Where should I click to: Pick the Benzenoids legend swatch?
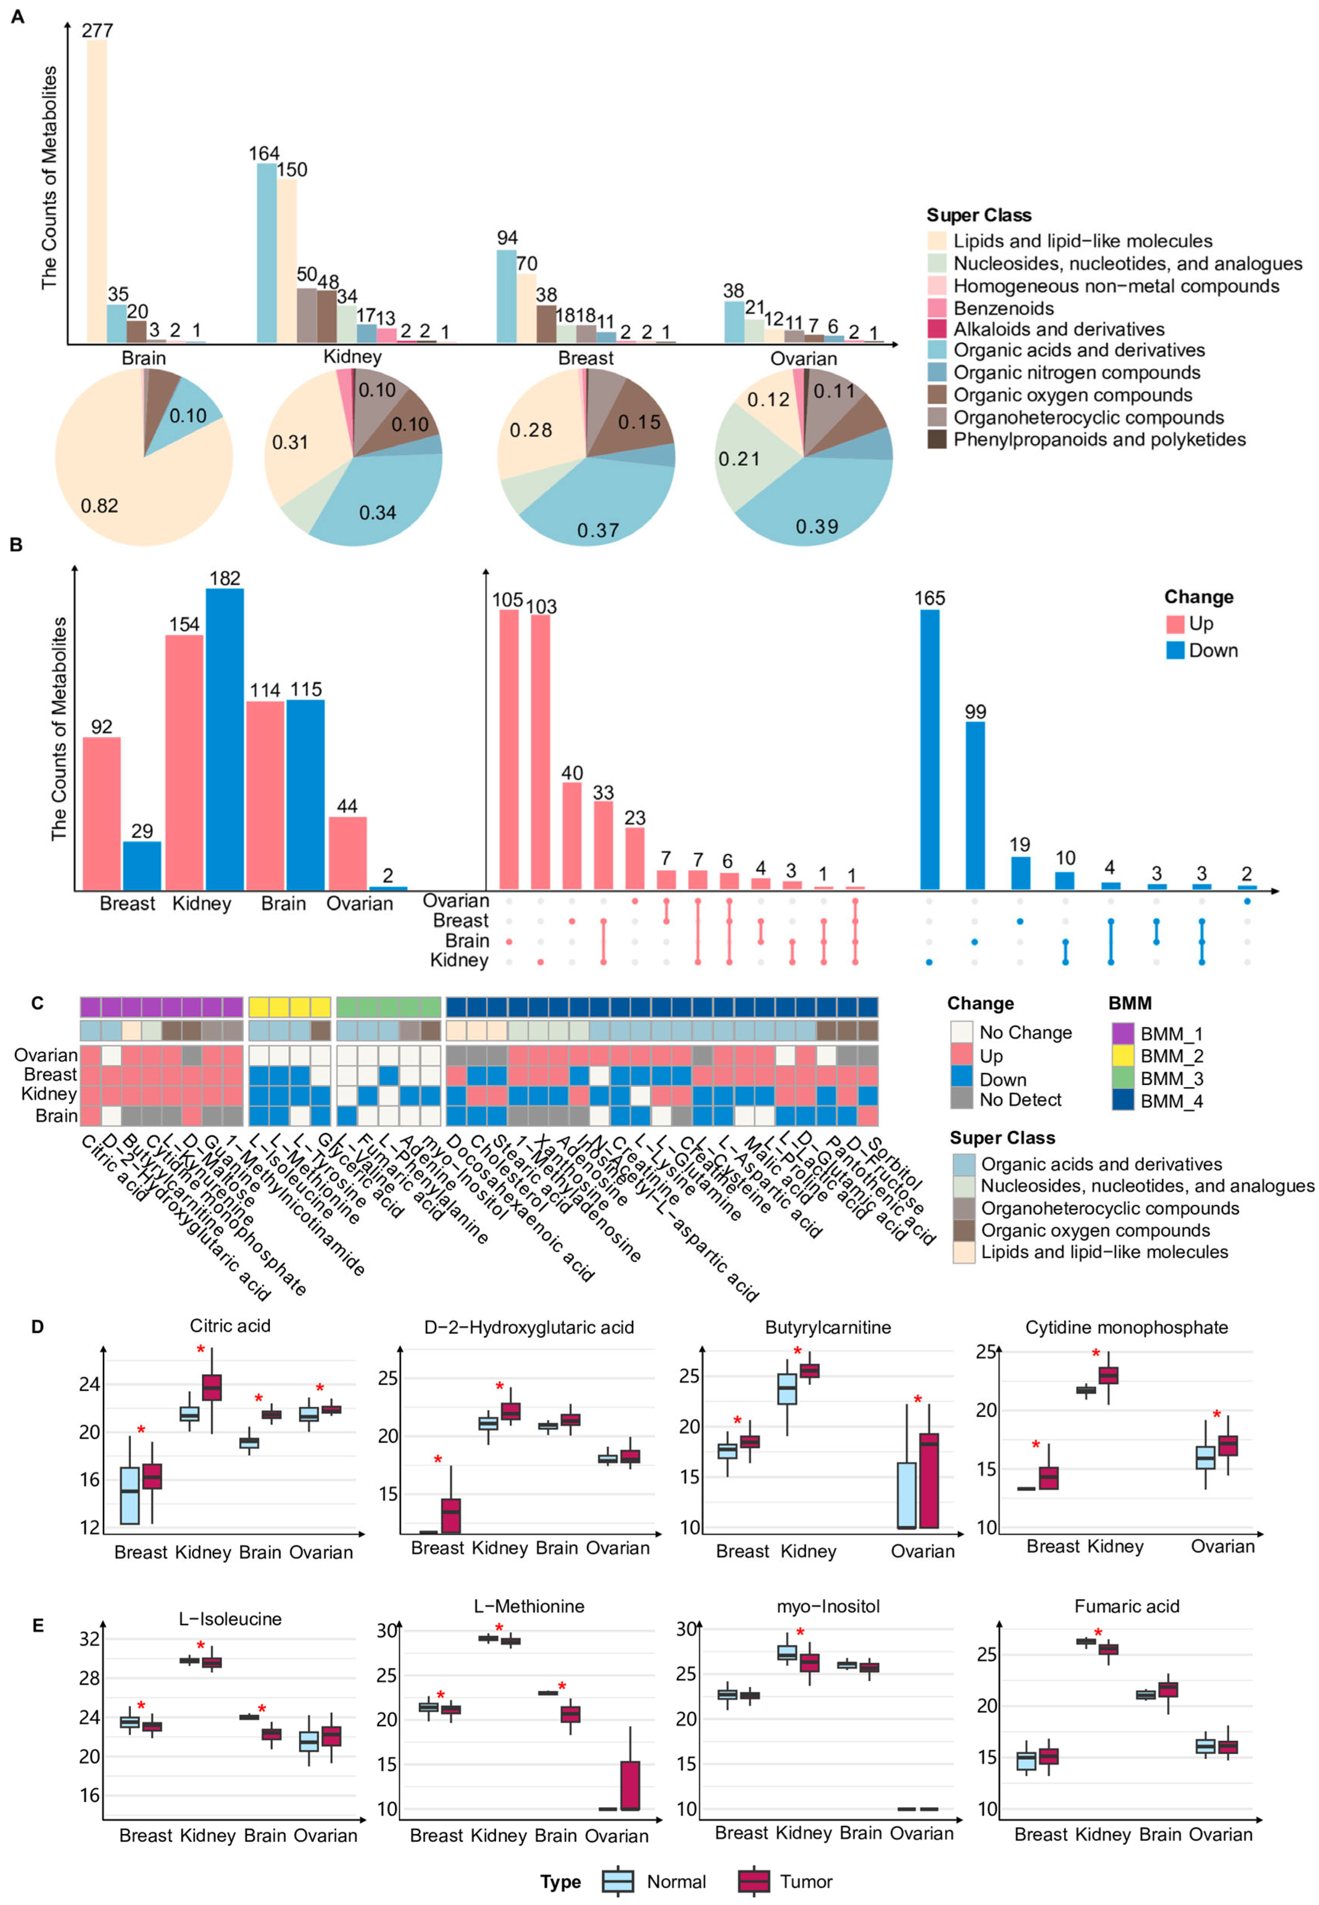point(936,308)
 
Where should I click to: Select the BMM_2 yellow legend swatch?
point(1122,1056)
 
